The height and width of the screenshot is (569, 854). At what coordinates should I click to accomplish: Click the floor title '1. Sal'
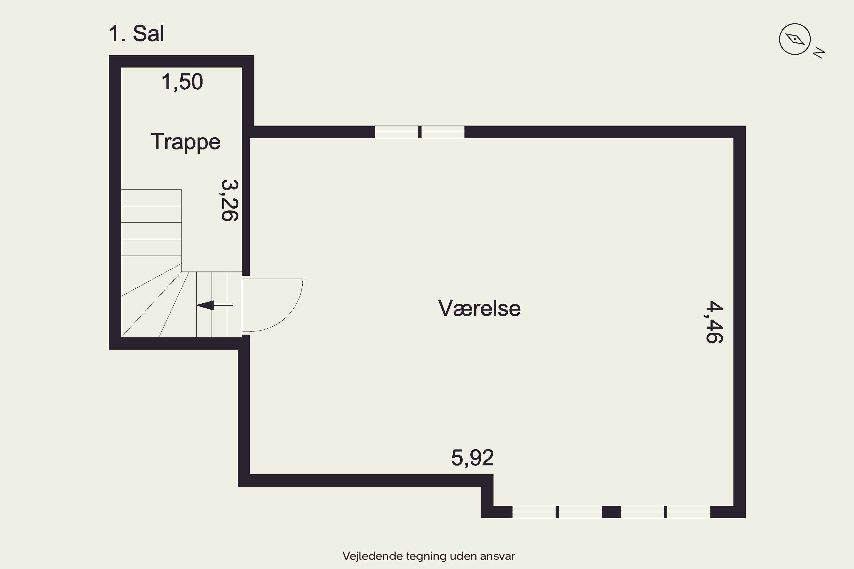point(137,34)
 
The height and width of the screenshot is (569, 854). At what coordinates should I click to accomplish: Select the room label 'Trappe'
point(186,142)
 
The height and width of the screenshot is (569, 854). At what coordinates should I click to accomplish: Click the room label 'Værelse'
point(479,308)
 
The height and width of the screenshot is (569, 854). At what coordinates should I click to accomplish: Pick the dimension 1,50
point(182,82)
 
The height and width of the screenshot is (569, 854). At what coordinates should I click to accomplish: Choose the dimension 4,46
point(714,322)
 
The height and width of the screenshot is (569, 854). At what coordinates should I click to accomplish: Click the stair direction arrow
point(214,305)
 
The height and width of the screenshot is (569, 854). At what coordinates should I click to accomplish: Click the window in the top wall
point(420,132)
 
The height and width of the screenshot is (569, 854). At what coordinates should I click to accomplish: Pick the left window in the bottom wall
point(557,512)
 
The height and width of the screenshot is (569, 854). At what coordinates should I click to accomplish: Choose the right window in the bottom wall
point(666,512)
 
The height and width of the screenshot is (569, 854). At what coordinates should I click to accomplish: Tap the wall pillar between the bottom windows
point(611,512)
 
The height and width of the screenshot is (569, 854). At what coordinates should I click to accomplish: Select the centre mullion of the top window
point(420,132)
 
